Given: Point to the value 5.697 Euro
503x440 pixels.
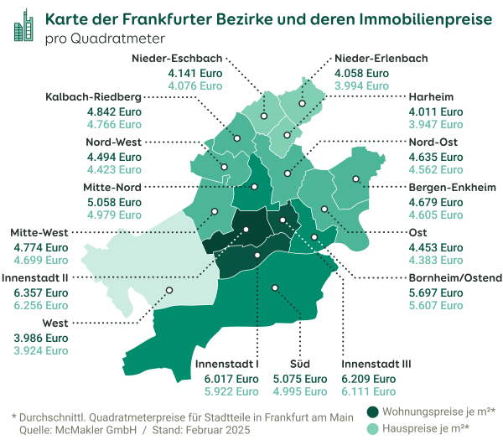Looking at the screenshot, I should tap(434, 292).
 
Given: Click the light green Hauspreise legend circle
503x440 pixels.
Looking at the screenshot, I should tap(373, 427).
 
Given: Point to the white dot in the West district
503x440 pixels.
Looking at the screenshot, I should tap(169, 290).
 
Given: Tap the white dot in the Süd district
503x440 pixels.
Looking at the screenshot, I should tap(272, 286).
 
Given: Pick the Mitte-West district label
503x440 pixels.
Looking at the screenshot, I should tap(40, 233).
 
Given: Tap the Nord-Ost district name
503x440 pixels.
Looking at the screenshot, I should tap(434, 142).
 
